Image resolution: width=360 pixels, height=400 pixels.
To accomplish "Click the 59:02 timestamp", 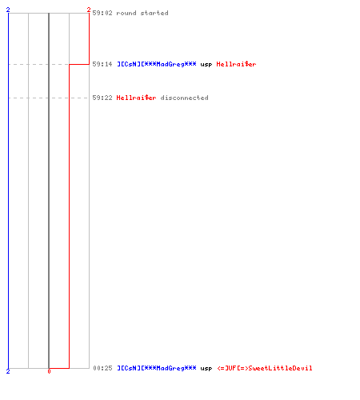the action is tap(102, 13).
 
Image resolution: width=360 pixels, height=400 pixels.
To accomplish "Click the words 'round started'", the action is tap(142, 13).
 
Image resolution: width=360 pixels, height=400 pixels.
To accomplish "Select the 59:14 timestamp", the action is tap(102, 64).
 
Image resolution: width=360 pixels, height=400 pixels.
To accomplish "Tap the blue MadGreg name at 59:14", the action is tap(157, 64).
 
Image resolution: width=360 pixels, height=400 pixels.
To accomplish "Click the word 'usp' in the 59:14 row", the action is tap(206, 65).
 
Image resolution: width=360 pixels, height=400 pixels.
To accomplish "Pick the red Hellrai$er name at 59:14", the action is tap(236, 64).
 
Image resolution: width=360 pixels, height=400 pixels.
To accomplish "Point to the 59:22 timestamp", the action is tap(102, 98).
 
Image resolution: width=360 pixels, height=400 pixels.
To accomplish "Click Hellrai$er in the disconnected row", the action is tap(136, 98).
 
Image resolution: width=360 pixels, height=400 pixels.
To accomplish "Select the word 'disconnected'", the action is tap(184, 98).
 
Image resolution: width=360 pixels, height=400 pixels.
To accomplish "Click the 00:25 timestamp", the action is tap(102, 368).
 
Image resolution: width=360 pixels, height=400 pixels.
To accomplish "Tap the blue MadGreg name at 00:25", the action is tap(157, 368).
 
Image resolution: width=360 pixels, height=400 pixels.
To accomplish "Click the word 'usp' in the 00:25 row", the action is tap(206, 369).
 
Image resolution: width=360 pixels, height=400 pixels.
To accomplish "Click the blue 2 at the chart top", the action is tap(8, 10).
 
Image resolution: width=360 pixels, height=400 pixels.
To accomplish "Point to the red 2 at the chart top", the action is tap(89, 10).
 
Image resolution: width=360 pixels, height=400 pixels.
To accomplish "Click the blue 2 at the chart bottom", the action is tap(8, 371).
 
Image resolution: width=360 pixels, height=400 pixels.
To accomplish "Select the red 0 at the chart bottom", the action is tap(49, 371).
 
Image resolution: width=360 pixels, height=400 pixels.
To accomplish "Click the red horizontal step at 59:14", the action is tap(79, 64).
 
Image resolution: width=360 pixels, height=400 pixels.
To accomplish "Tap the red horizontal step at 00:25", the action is tap(59, 368).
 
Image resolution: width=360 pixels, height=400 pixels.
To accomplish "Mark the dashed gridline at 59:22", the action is tap(49, 98).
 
